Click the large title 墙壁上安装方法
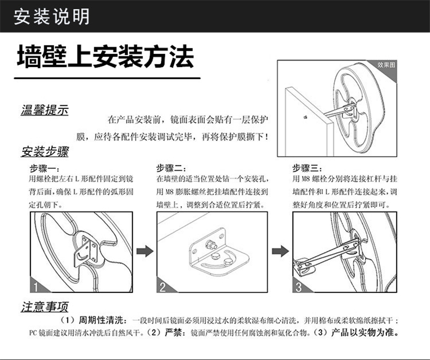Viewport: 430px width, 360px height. pyautogui.click(x=105, y=57)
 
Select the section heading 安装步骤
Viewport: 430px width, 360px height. pyautogui.click(x=44, y=151)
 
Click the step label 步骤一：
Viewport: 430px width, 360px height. pyautogui.click(x=43, y=168)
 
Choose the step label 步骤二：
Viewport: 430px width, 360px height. pyautogui.click(x=172, y=168)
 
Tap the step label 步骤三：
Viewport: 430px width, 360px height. pyautogui.click(x=308, y=168)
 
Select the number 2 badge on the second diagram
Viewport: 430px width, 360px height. pyautogui.click(x=163, y=286)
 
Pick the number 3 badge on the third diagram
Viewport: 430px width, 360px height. pyautogui.click(x=298, y=286)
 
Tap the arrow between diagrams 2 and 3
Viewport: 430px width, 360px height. pyautogui.click(x=279, y=251)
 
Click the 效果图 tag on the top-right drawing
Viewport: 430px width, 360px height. pyautogui.click(x=386, y=65)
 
